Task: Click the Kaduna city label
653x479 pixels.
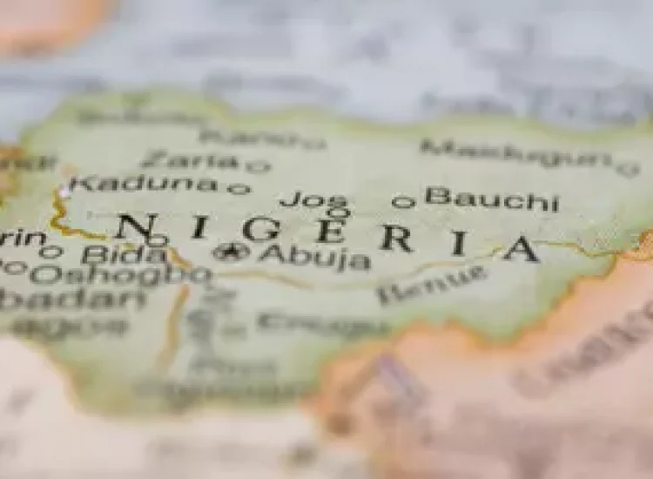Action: click(145, 184)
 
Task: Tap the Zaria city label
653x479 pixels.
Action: click(189, 160)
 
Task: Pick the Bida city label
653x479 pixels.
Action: click(123, 254)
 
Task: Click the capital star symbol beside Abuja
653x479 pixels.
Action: click(231, 253)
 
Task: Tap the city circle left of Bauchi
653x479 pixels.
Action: click(402, 202)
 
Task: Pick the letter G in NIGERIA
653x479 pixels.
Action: click(261, 229)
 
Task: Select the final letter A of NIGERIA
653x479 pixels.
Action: click(522, 248)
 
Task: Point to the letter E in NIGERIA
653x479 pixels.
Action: click(329, 231)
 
